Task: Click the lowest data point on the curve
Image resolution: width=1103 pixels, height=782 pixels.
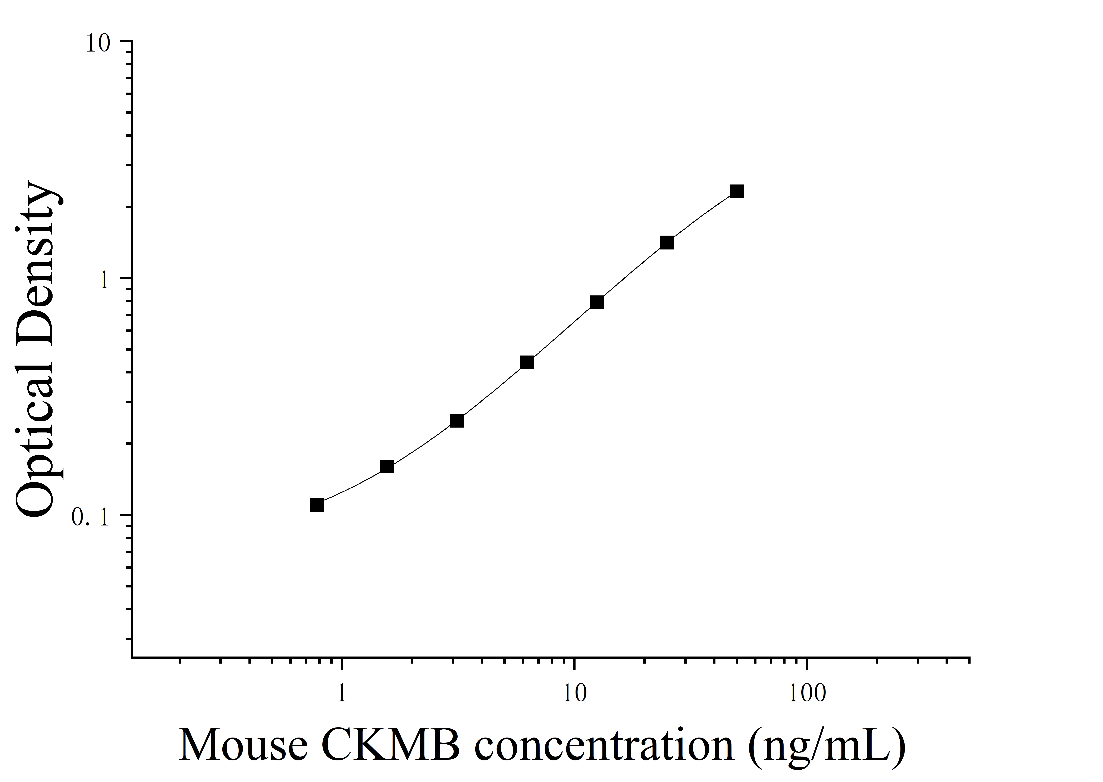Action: click(x=317, y=505)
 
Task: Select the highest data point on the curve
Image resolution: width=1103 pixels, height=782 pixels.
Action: click(x=736, y=192)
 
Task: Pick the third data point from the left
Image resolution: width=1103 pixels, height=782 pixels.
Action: click(x=457, y=421)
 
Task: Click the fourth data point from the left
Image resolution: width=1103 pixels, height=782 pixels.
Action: click(x=527, y=363)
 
